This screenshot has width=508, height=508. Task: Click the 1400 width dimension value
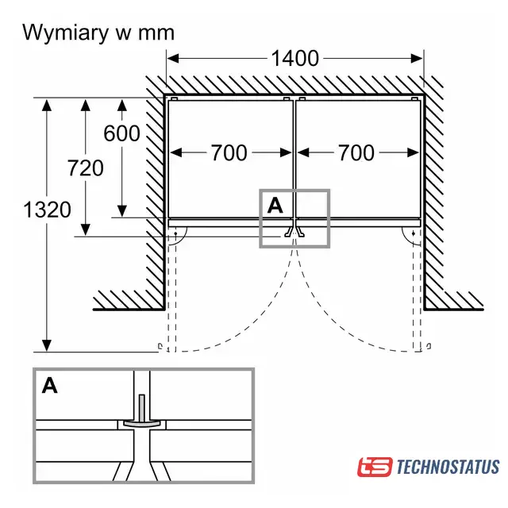tap(294, 58)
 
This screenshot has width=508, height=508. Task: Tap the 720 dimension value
tap(86, 167)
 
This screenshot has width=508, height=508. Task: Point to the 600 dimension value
tap(121, 133)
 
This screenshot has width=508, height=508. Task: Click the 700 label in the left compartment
tap(229, 152)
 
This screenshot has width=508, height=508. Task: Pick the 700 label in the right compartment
tap(356, 152)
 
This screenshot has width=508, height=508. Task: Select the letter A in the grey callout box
tap(275, 206)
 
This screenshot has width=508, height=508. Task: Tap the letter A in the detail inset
tap(50, 386)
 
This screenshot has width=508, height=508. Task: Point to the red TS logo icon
tap(375, 467)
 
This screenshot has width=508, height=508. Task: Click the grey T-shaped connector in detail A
tap(141, 418)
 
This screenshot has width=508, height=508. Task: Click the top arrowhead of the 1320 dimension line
tap(48, 103)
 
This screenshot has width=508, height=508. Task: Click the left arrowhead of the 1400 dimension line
tap(172, 58)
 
